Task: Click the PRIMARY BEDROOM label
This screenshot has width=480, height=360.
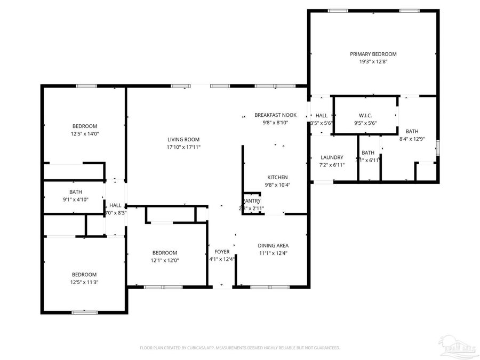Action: tap(373, 54)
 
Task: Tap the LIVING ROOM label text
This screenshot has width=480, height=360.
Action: tap(183, 139)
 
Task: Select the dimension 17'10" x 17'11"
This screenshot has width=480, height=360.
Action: tap(183, 147)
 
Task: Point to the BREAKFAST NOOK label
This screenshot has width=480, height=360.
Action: tap(275, 115)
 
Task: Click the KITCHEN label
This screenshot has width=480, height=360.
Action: tap(277, 177)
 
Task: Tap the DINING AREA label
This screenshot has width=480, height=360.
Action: tap(274, 245)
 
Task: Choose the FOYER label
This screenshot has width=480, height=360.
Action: tap(222, 252)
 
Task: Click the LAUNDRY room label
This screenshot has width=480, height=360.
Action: tap(332, 157)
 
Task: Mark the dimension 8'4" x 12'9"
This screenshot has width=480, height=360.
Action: tap(412, 139)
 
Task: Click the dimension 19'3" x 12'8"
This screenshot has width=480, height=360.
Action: tap(373, 62)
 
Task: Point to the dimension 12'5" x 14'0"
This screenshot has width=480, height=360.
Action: tap(84, 134)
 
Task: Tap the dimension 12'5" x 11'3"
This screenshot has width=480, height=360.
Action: tap(84, 282)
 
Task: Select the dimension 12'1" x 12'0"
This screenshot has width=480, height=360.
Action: tap(165, 260)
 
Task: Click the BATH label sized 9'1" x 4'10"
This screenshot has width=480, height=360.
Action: tap(75, 191)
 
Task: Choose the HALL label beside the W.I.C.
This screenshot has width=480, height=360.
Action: tap(322, 115)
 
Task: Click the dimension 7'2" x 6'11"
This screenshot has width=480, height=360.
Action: tap(332, 165)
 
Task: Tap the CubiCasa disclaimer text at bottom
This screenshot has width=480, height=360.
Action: tap(239, 348)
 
